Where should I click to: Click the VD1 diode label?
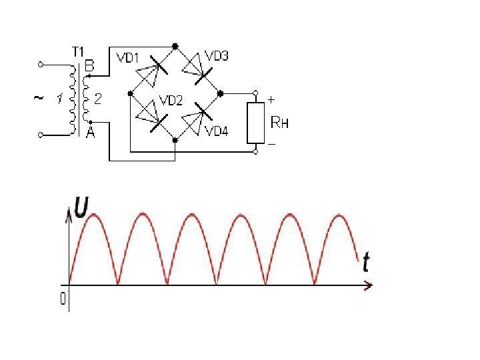coord(127,59)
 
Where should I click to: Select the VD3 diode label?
coord(217,56)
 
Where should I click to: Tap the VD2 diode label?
coord(171,101)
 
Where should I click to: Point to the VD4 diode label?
coord(217,131)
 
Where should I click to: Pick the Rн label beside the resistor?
coord(280,123)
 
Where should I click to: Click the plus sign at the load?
coord(271,99)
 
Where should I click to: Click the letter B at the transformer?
coord(89,66)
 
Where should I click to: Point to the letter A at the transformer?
coord(89,132)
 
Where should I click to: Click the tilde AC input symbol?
coord(38,98)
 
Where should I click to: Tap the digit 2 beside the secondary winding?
coord(98,99)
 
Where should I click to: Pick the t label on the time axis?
coord(366,263)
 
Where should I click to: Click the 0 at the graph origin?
coord(63,300)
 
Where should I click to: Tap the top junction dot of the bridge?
coord(175,47)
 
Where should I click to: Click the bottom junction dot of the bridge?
coord(175,140)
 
